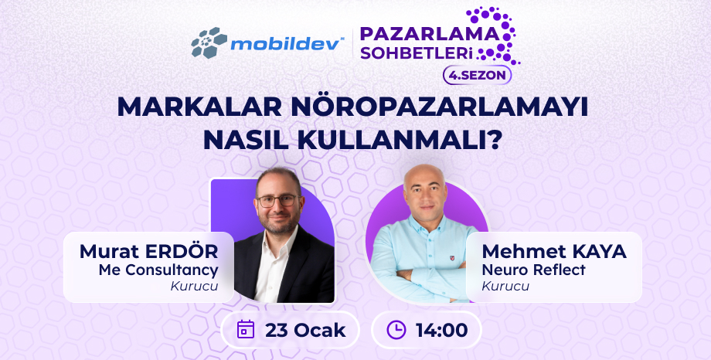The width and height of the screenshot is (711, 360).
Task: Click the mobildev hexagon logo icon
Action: click(209, 42)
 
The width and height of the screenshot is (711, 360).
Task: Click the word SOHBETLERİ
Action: click(417, 54)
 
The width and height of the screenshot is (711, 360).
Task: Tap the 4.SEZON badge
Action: click(477, 75)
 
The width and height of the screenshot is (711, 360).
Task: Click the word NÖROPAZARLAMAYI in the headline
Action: click(440, 107)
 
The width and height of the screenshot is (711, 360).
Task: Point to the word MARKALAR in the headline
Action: click(199, 108)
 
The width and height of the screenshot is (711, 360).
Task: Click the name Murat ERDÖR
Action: click(148, 252)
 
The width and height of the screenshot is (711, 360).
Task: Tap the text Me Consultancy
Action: click(158, 270)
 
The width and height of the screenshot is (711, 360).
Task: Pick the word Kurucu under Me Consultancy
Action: click(195, 287)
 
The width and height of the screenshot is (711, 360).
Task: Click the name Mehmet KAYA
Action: click(554, 252)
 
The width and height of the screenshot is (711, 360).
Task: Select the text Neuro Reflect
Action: click(534, 270)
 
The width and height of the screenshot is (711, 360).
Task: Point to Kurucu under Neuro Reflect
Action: click(505, 287)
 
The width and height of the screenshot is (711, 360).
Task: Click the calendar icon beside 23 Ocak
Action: click(246, 330)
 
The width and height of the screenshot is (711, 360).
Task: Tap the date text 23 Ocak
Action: click(305, 330)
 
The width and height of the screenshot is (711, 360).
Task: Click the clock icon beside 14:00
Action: click(396, 330)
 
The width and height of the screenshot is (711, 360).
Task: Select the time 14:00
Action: click(441, 330)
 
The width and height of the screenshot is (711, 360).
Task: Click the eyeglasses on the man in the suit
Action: click(277, 200)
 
